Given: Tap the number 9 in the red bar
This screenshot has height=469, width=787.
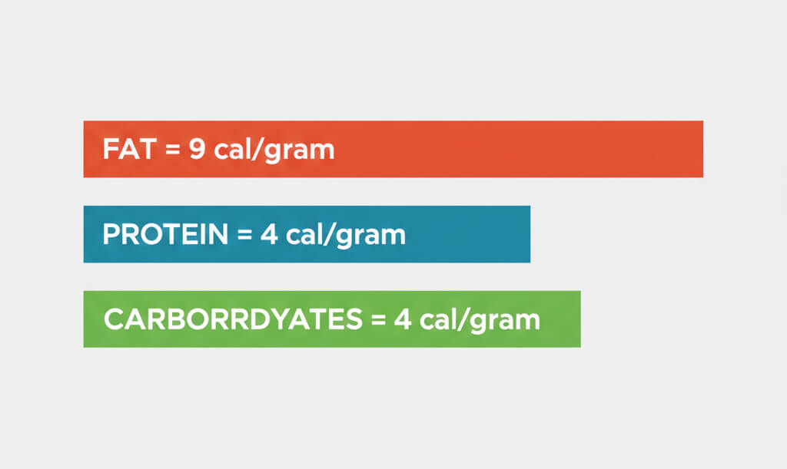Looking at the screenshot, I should point(198,149).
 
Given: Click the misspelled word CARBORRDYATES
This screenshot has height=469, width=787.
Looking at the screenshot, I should point(231,319).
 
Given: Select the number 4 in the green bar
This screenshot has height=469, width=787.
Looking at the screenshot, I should point(401,319).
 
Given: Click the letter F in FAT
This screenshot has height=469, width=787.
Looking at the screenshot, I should point(109,149).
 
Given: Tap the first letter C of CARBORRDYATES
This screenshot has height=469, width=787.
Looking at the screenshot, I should point(112,319).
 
